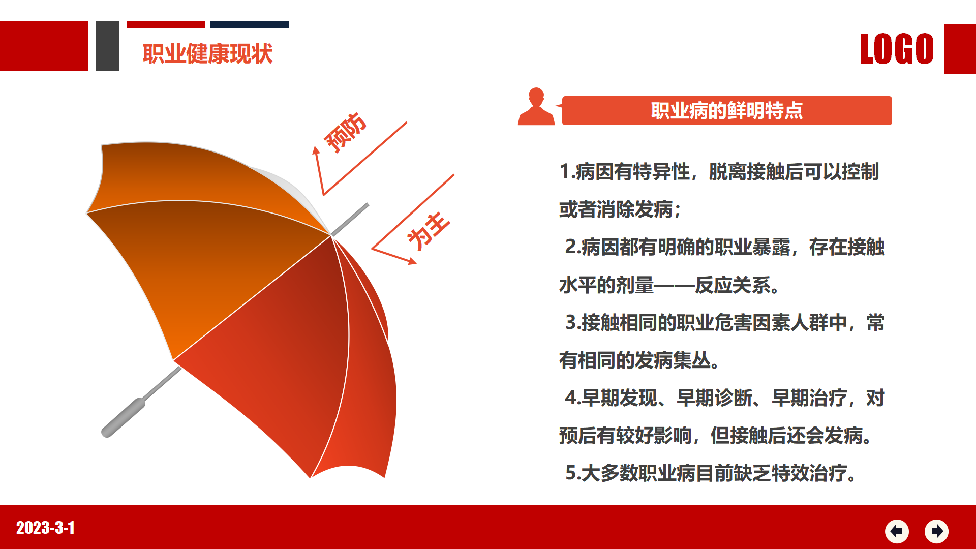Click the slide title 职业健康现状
click(x=207, y=54)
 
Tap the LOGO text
click(x=897, y=49)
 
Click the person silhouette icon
click(x=536, y=106)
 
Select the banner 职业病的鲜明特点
click(x=727, y=110)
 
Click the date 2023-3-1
click(x=45, y=528)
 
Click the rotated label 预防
click(x=345, y=132)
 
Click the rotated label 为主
click(x=428, y=231)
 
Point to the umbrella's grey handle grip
click(x=124, y=417)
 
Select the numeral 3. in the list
click(x=573, y=323)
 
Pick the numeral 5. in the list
click(x=573, y=473)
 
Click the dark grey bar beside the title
click(x=107, y=46)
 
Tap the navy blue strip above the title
click(x=249, y=24)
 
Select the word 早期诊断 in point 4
click(x=714, y=398)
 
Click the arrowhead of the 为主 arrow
click(x=412, y=261)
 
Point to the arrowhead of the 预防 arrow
click(x=316, y=150)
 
